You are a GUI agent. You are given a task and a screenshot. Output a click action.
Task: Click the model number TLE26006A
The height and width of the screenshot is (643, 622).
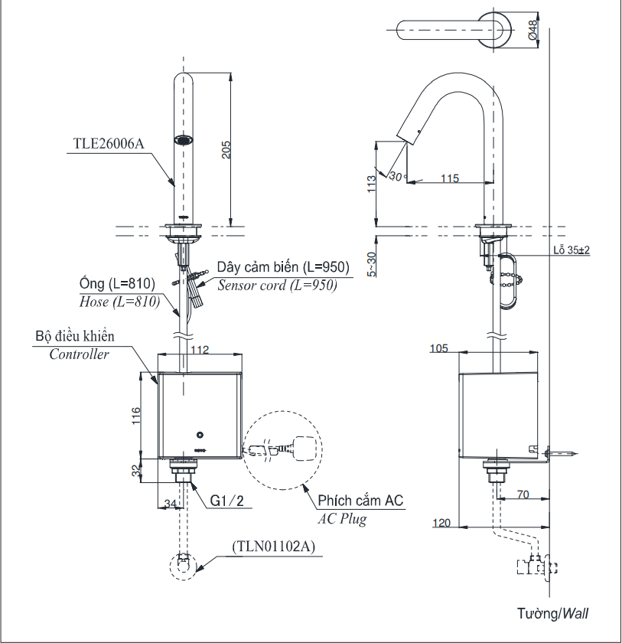[109, 144]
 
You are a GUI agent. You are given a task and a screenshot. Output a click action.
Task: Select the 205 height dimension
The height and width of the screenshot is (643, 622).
[226, 150]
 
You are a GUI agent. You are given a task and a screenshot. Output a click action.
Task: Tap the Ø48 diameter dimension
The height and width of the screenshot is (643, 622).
[532, 30]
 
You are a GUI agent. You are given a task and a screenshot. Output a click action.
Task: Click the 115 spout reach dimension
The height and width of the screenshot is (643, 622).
[450, 178]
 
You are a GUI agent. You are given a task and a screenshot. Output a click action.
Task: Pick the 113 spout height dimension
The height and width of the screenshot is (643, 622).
[371, 184]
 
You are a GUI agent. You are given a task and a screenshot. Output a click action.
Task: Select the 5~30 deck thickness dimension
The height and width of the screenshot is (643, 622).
[371, 264]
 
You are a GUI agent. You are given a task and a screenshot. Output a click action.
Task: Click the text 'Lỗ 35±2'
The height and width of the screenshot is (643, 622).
[572, 250]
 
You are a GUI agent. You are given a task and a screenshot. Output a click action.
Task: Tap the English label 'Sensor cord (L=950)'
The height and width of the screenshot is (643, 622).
[278, 285]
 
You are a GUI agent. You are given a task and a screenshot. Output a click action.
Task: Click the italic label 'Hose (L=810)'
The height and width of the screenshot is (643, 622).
[119, 302]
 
